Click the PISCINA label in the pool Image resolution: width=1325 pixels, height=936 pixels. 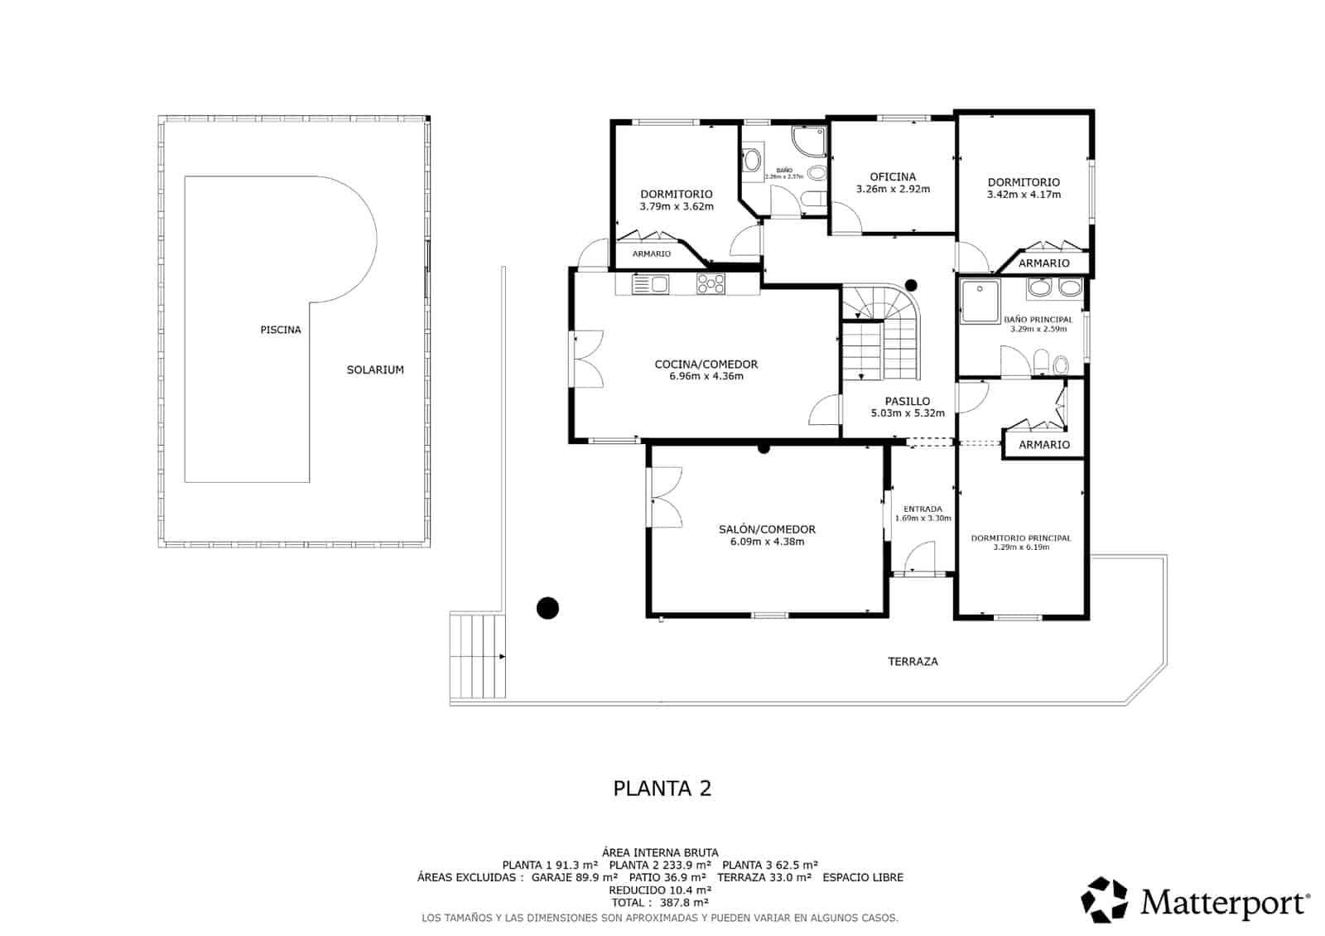(281, 330)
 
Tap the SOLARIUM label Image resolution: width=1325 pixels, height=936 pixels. (375, 370)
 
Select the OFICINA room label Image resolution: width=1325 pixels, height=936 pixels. (893, 176)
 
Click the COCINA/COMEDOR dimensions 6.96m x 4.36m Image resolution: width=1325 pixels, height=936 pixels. (706, 376)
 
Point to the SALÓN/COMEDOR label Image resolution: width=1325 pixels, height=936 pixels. (767, 529)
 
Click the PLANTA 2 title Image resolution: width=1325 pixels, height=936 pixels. (662, 788)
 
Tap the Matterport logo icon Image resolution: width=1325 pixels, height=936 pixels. (1105, 900)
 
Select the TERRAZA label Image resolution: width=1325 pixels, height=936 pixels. (913, 662)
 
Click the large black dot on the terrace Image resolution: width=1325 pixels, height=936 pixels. (547, 609)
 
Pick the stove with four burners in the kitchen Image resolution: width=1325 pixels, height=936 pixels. (711, 284)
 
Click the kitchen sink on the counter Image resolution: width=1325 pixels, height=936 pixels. (650, 285)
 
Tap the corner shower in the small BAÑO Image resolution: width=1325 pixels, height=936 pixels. (809, 142)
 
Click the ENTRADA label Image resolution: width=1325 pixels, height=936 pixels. (922, 509)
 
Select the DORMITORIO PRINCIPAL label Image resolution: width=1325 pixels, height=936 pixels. (1021, 538)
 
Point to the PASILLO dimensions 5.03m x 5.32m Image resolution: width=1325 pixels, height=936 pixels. (908, 413)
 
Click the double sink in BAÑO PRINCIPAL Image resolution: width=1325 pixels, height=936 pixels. (1054, 288)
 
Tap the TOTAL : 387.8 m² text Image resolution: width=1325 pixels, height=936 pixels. (660, 903)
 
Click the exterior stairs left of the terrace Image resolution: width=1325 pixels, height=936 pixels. (477, 658)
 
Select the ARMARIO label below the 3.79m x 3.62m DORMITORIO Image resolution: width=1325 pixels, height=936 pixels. (652, 254)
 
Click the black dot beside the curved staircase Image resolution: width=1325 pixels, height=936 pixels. (911, 283)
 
